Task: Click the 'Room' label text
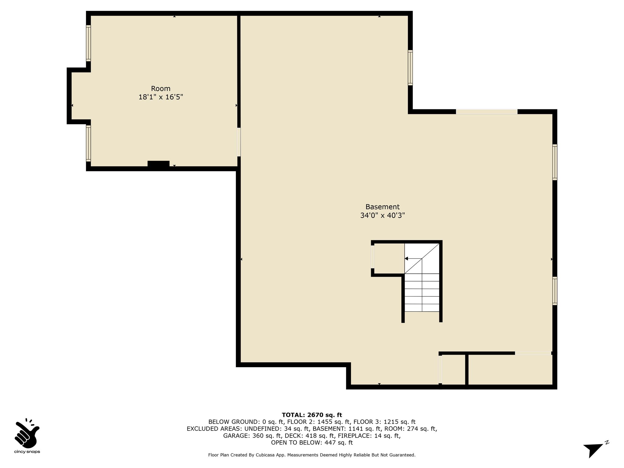click(161, 89)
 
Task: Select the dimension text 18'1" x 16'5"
click(161, 97)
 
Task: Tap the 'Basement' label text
click(382, 207)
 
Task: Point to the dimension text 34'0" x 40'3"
click(382, 215)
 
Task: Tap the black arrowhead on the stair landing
click(406, 259)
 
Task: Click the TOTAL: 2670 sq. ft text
click(312, 415)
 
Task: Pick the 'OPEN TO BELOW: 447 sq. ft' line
click(312, 443)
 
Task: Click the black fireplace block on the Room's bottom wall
click(158, 164)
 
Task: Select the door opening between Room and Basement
click(239, 142)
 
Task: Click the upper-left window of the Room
click(88, 43)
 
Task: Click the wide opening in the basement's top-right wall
click(487, 112)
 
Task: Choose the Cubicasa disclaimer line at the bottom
click(312, 455)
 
